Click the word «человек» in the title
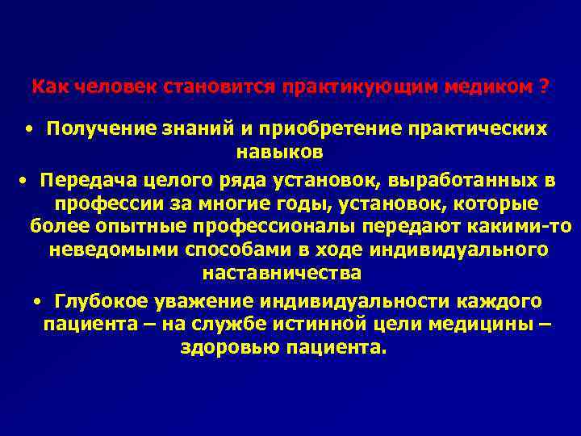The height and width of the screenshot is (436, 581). [x=104, y=86]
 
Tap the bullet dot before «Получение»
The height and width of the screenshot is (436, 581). [x=28, y=129]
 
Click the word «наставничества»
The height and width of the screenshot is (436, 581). [x=282, y=273]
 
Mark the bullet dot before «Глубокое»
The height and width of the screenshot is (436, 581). [x=39, y=301]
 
